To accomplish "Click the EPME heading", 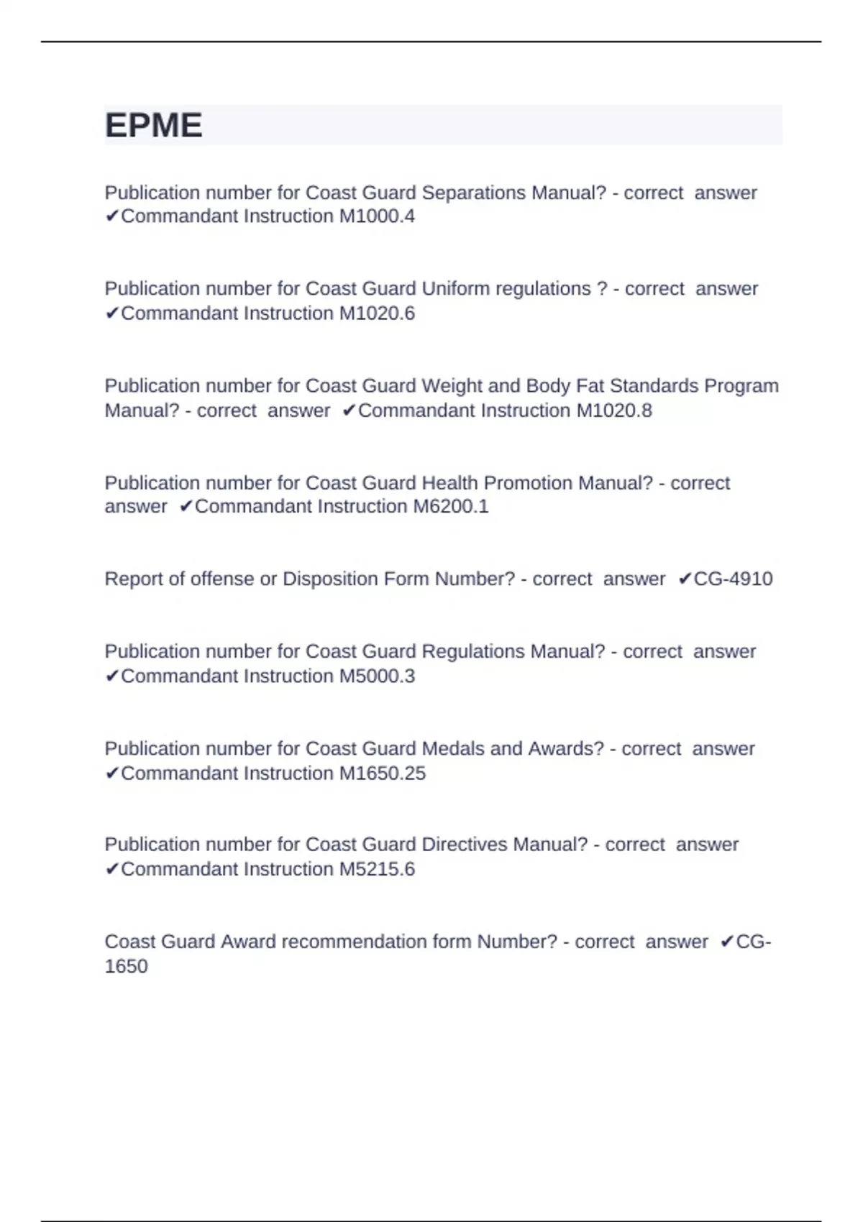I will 154,126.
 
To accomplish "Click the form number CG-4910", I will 733,579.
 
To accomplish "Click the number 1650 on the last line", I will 126,966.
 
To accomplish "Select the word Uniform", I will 456,289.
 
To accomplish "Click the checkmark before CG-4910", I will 685,579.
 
